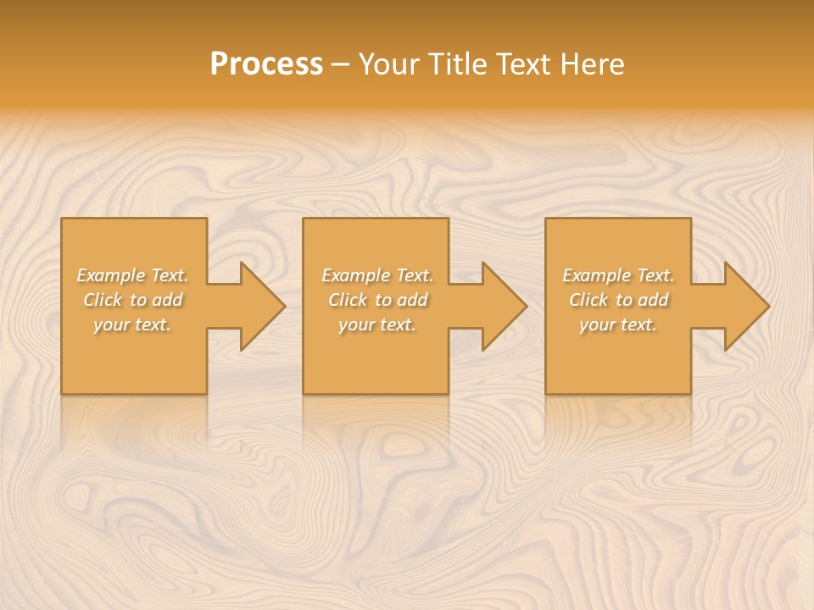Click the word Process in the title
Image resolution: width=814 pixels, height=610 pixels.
pyautogui.click(x=266, y=64)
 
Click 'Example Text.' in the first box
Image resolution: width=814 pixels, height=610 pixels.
pyautogui.click(x=132, y=275)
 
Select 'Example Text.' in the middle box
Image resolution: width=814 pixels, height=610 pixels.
pyautogui.click(x=377, y=275)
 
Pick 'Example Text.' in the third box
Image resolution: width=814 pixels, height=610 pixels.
pyautogui.click(x=618, y=275)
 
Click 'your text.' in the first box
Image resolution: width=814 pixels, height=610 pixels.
pyautogui.click(x=132, y=324)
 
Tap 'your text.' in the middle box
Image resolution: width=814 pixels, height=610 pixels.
pyautogui.click(x=377, y=324)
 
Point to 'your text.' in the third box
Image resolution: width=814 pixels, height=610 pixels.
pyautogui.click(x=618, y=324)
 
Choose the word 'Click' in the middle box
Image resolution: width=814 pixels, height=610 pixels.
pyautogui.click(x=348, y=300)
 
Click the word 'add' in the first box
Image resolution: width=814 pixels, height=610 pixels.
pyautogui.click(x=167, y=300)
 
